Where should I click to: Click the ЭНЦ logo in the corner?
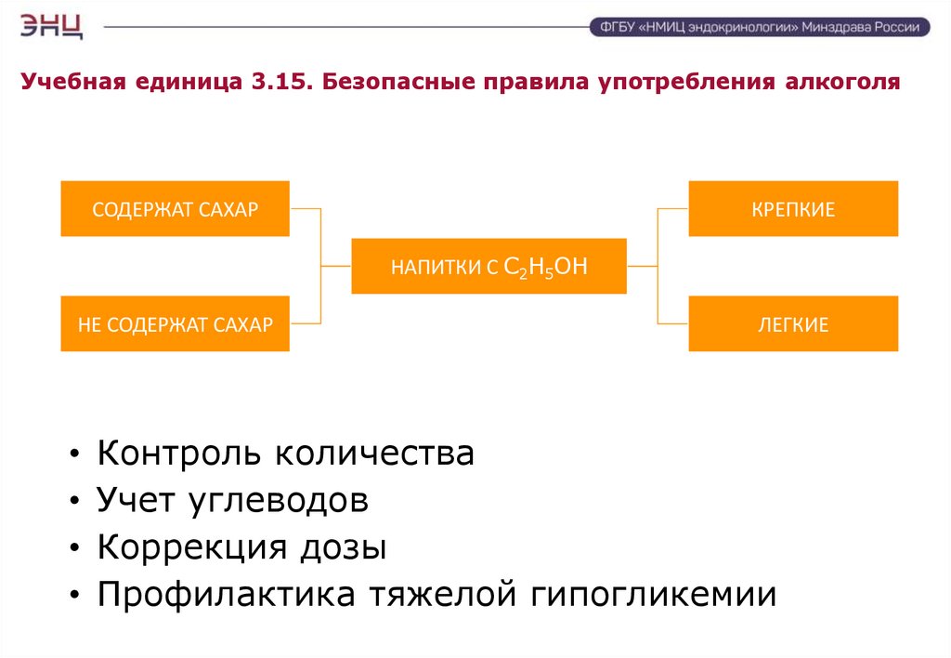pos(52,25)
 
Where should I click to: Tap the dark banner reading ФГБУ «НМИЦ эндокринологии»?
pos(759,27)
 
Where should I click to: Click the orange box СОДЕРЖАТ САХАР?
pos(175,209)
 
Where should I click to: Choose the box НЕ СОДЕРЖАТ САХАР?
pos(175,324)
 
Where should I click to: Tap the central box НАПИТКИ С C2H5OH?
pos(489,267)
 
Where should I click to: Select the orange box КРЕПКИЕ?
pos(793,209)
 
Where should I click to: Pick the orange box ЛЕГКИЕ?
pos(793,324)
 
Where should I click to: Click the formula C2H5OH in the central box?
pos(546,267)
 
